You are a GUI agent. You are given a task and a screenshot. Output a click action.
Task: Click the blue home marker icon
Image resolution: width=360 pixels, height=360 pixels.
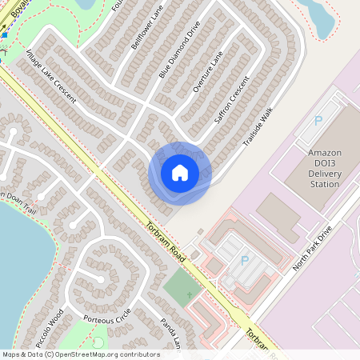[180, 173]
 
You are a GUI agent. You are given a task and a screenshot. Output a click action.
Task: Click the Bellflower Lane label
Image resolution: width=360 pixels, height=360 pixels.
[145, 30]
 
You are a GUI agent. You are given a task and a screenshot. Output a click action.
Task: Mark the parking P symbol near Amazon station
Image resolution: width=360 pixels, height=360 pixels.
[318, 121]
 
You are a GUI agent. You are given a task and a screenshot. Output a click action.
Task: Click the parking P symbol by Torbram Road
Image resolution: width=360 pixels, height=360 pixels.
[245, 261]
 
